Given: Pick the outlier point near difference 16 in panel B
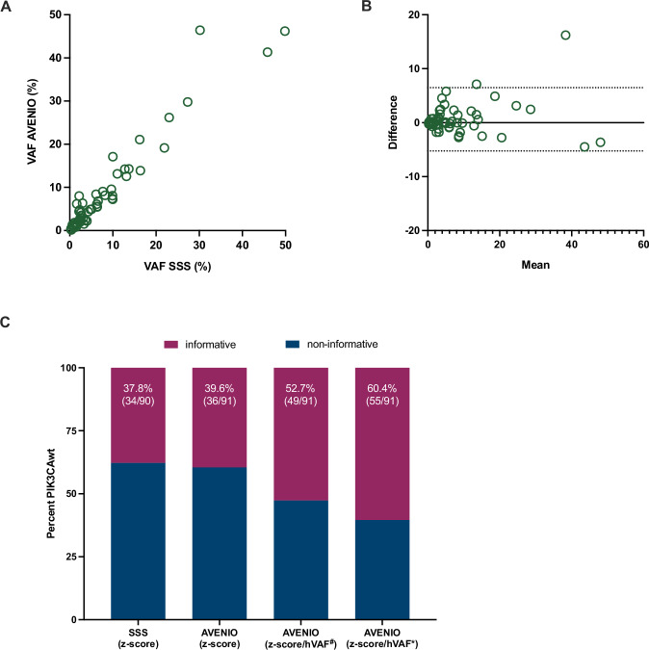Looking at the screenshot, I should (565, 35).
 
